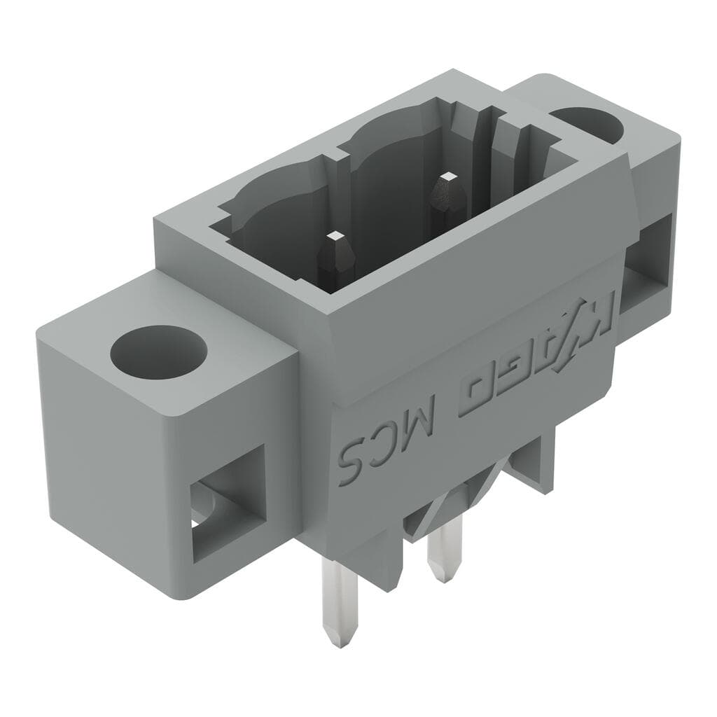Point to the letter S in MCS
point(354,459)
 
